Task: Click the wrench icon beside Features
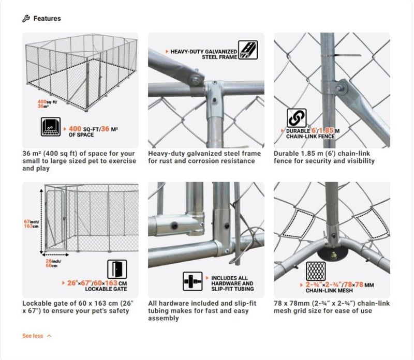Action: tap(26, 19)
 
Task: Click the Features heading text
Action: tap(47, 19)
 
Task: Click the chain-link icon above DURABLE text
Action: tap(297, 118)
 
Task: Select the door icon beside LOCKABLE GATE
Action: tap(116, 269)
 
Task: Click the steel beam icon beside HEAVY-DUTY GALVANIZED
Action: tap(249, 50)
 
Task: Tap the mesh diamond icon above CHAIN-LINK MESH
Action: tap(316, 270)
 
